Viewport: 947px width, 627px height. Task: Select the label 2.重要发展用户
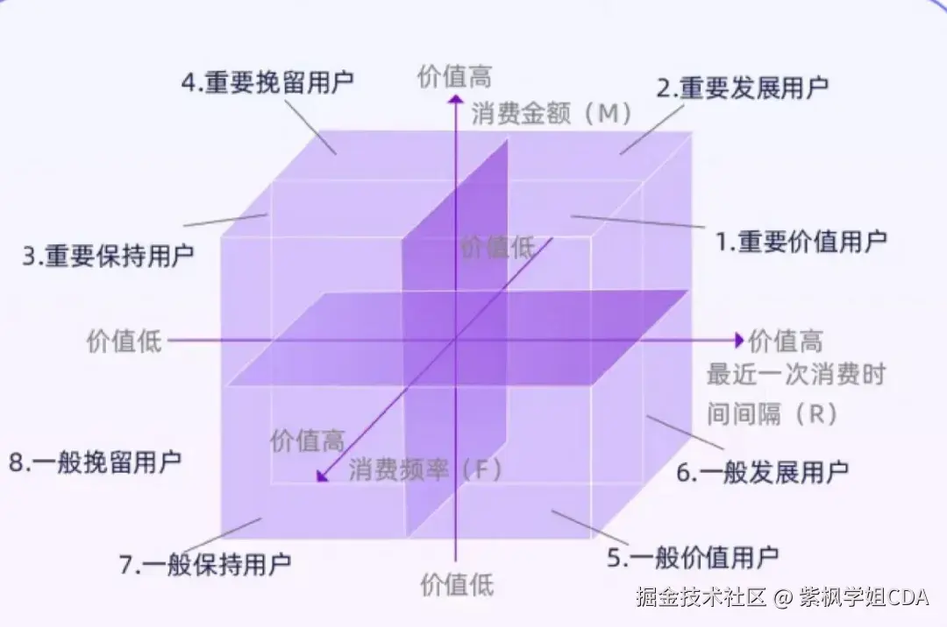point(743,88)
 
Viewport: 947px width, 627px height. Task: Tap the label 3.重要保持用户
point(108,257)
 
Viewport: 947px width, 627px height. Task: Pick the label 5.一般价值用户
point(693,556)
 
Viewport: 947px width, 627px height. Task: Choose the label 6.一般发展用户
point(762,473)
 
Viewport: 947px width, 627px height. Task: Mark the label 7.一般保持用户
point(204,564)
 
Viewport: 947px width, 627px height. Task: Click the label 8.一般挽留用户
point(95,461)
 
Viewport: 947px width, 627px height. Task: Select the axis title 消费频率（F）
point(426,469)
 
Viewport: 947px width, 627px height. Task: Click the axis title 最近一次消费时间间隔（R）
point(795,394)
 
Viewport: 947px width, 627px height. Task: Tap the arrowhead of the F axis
point(322,476)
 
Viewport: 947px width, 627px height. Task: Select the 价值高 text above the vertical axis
point(455,76)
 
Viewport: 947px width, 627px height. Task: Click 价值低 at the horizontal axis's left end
point(125,342)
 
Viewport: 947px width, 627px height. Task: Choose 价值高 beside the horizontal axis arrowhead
point(786,341)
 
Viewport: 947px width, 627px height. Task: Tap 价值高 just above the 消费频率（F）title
point(307,440)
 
